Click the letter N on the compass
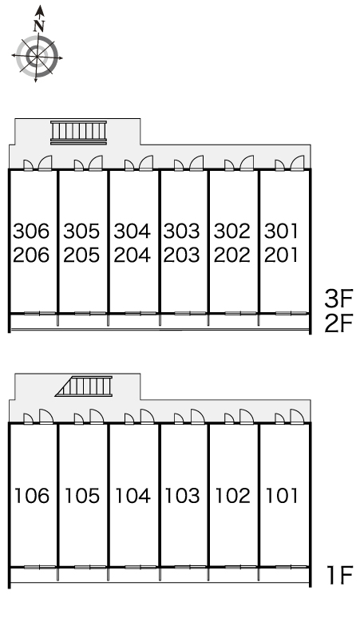point(38,26)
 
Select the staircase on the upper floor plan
point(79,133)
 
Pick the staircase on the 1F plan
point(84,386)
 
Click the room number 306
point(31,231)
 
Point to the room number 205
point(81,255)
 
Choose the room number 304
point(132,231)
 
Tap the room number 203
point(182,255)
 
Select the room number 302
point(232,231)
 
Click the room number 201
point(281,255)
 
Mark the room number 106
point(32,496)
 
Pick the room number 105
point(82,496)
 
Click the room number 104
point(133,496)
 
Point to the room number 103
point(182,496)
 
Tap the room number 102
point(233,496)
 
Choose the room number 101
point(282,496)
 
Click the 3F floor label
point(338,299)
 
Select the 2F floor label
point(338,324)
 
